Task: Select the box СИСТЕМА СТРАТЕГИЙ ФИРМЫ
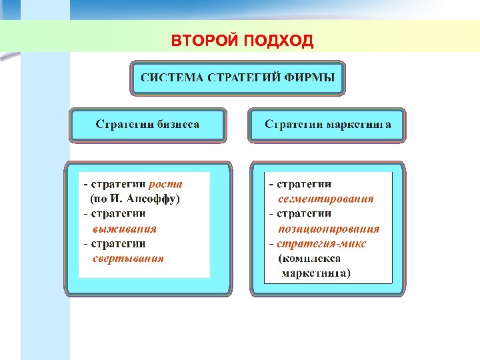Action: [x=237, y=77]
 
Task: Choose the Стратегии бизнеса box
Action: [x=147, y=125]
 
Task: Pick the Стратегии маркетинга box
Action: [x=327, y=125]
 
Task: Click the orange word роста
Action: [x=165, y=184]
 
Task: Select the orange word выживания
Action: [x=125, y=229]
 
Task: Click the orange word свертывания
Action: [x=128, y=259]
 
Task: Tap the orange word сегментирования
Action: [x=326, y=199]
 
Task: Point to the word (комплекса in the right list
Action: [x=310, y=259]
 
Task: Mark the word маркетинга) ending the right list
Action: [x=316, y=273]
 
